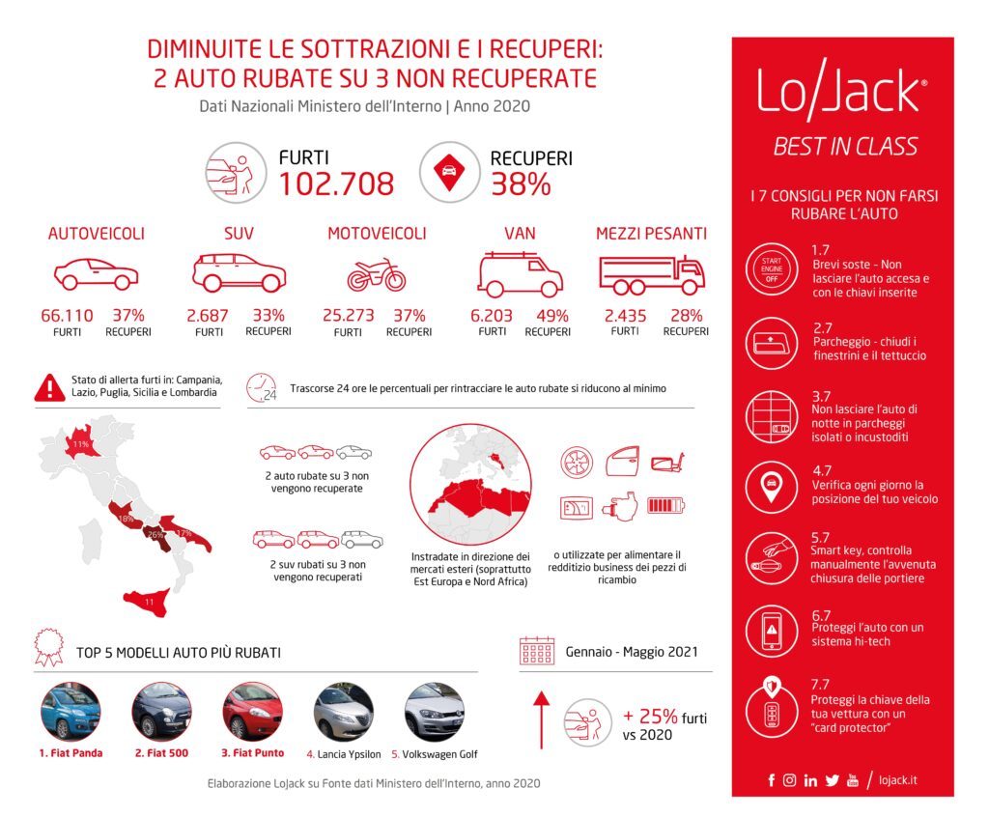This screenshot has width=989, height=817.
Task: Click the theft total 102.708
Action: (x=336, y=183)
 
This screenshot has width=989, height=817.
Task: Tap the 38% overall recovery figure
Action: (x=521, y=183)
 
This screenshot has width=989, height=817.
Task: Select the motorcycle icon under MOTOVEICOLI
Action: (x=377, y=275)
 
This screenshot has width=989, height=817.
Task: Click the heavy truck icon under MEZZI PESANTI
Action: (x=651, y=274)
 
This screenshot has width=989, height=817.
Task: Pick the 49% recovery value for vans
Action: (x=552, y=315)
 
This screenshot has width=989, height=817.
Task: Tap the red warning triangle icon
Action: (x=47, y=387)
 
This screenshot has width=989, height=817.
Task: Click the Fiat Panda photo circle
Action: (x=71, y=712)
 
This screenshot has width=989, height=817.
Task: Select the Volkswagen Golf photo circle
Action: (x=434, y=712)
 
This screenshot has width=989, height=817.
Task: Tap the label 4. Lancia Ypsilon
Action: (x=344, y=754)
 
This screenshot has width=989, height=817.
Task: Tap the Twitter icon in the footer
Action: (x=832, y=780)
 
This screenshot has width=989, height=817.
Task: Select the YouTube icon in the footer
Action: (x=852, y=780)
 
